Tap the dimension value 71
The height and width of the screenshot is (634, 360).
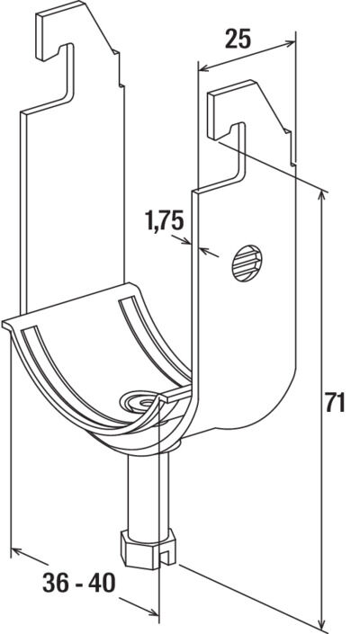click(335, 404)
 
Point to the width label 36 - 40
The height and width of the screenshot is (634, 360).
click(79, 583)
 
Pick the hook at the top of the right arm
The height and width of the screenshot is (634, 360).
click(230, 117)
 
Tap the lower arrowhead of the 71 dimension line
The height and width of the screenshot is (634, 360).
click(320, 623)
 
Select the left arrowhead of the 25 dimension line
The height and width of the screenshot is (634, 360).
click(202, 67)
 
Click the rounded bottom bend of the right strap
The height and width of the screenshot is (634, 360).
click(261, 409)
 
